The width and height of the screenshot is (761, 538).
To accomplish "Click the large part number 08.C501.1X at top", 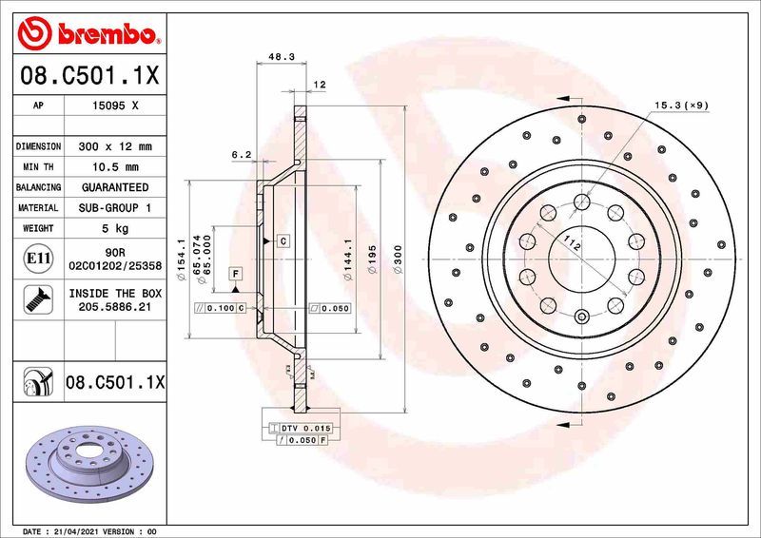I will point(90,74).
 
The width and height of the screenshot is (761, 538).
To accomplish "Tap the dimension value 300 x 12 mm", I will point(115,147).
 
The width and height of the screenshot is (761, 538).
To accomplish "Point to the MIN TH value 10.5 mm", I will point(115,167).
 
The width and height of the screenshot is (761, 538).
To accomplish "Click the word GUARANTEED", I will point(115,187).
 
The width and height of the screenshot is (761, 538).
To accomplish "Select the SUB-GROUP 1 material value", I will point(115,207).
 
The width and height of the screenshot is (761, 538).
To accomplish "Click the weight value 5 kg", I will point(115,228).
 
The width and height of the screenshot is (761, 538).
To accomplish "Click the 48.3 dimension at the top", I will point(280,57).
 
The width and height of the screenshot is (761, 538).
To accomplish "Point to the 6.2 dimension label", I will point(241,154).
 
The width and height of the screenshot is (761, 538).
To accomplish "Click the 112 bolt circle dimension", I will point(569,243).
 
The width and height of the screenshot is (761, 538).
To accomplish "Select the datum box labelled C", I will point(283,241).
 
